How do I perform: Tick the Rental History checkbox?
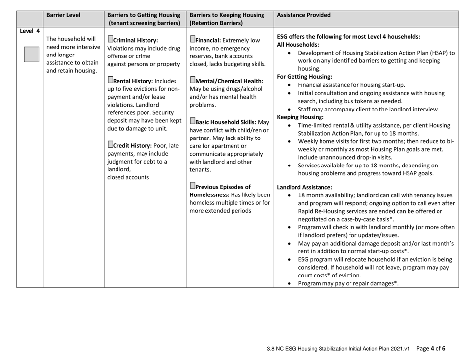[x=110, y=81]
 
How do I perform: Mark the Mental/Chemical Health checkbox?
[x=192, y=81]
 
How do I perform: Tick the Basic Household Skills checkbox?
[x=192, y=122]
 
